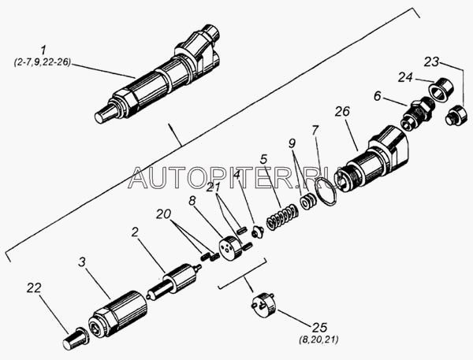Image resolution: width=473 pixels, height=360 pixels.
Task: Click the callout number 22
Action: click(x=33, y=288)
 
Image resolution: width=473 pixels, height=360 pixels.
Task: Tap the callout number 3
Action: click(x=82, y=262)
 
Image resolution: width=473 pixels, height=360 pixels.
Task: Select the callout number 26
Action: click(x=342, y=111)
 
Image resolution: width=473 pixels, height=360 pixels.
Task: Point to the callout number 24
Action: click(x=405, y=77)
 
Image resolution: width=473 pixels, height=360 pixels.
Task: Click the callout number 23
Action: click(x=431, y=61)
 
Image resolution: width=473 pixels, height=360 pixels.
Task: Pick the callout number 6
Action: click(x=378, y=96)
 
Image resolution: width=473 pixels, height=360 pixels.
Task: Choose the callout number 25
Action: click(x=320, y=328)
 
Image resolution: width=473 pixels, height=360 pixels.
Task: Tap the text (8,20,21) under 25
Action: click(x=318, y=340)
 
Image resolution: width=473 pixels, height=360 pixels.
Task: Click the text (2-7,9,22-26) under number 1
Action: click(x=43, y=62)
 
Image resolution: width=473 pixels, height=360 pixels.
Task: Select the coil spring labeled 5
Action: click(x=283, y=217)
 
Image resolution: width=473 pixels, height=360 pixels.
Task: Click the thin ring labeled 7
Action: click(x=325, y=191)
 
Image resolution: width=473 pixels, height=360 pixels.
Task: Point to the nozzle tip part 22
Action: click(x=76, y=339)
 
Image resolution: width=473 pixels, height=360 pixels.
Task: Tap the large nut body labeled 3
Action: click(x=117, y=314)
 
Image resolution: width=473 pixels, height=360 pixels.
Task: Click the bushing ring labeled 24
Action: click(x=441, y=89)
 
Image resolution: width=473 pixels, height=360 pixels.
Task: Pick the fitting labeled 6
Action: click(x=418, y=113)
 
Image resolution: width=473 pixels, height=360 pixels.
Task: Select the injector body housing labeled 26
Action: click(x=373, y=159)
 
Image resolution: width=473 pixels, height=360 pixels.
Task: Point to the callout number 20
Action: click(x=163, y=214)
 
